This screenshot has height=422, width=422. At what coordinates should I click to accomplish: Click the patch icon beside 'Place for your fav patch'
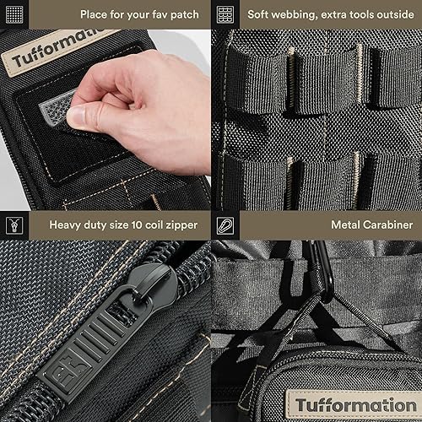click(14, 14)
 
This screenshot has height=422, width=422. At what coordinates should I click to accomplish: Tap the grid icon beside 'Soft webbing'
click(225, 14)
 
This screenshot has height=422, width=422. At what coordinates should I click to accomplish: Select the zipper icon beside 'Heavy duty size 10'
click(14, 225)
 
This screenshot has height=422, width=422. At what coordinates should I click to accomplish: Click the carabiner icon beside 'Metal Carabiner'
click(225, 225)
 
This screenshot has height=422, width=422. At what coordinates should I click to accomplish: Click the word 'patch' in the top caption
click(184, 14)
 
